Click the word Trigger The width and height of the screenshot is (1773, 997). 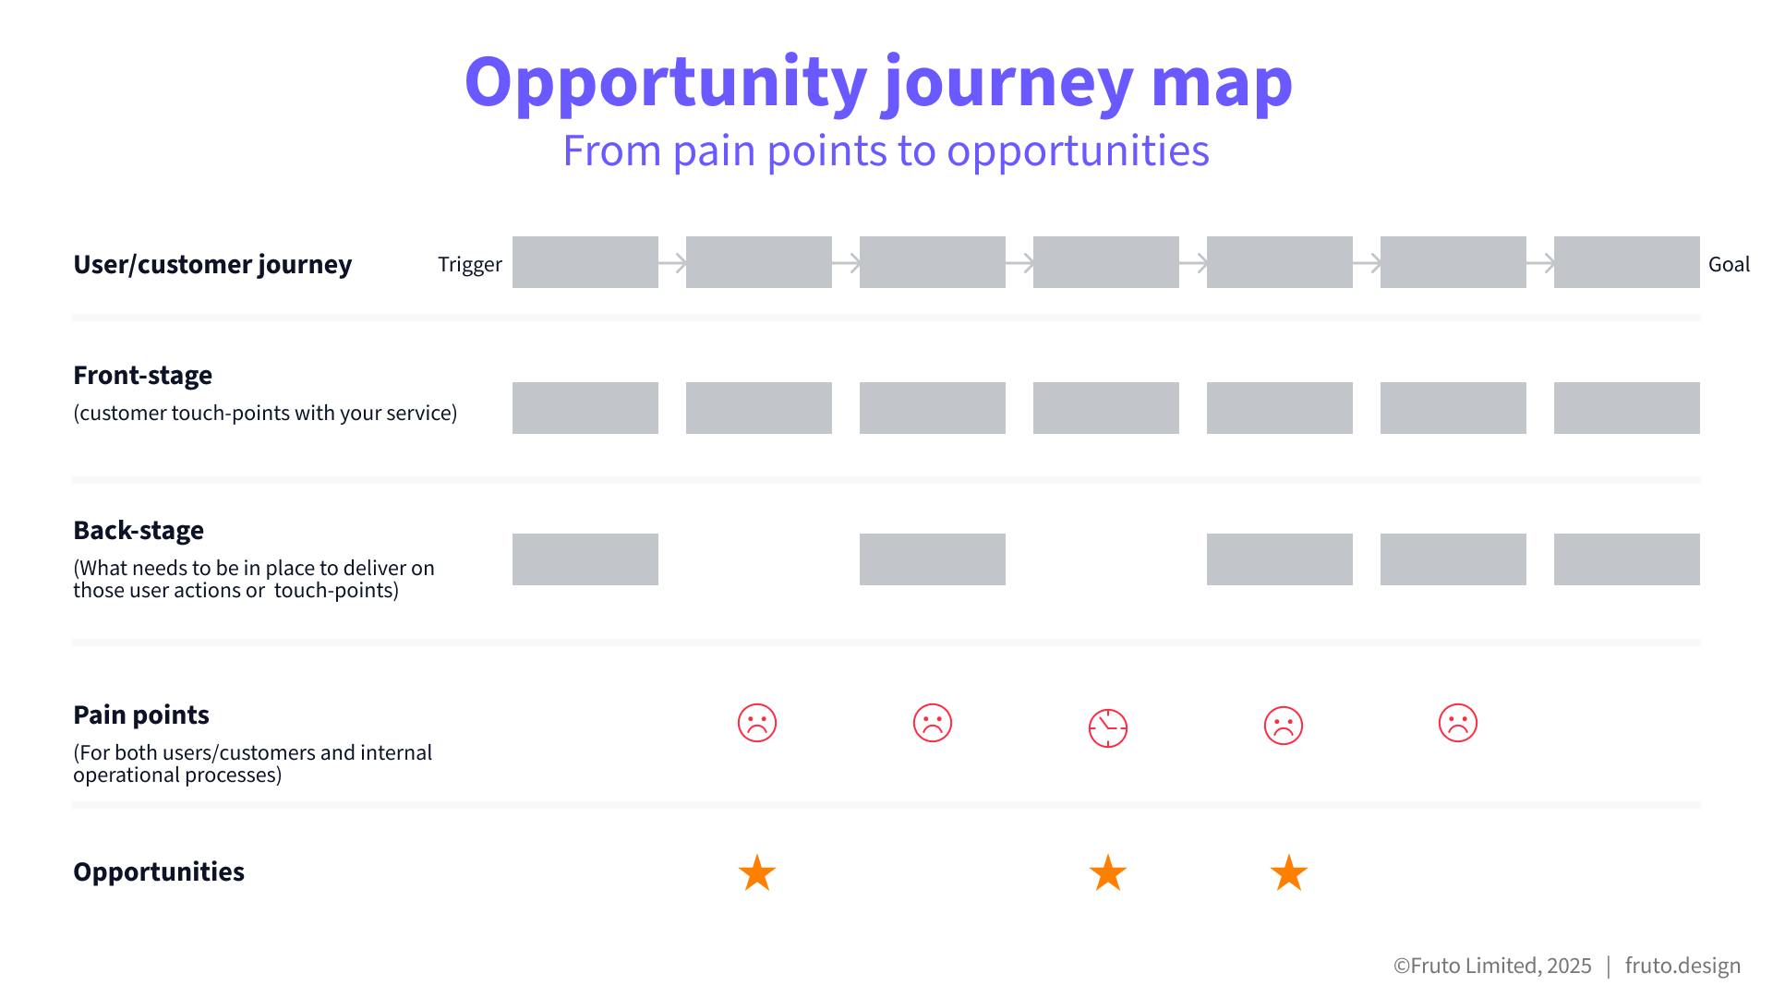(x=470, y=265)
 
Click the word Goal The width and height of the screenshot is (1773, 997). (x=1729, y=264)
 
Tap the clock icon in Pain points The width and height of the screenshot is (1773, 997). (x=1108, y=728)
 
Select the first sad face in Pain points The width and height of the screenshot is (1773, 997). (x=757, y=723)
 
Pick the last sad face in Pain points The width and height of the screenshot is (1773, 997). (x=1458, y=723)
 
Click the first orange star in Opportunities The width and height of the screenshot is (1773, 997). (x=757, y=872)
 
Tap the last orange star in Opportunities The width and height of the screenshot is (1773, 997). (x=1289, y=872)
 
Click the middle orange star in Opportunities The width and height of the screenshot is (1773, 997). (x=1108, y=872)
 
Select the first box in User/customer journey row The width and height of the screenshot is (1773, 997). (x=585, y=262)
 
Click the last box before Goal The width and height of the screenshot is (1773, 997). (x=1627, y=262)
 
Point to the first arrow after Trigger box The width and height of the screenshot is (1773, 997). (x=672, y=263)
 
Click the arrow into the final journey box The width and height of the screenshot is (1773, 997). (x=1540, y=263)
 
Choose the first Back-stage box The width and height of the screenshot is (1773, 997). (x=585, y=559)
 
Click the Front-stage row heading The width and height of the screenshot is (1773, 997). (x=142, y=376)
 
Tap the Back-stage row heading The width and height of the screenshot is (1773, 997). (x=139, y=531)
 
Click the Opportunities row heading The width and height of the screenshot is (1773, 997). (x=159, y=872)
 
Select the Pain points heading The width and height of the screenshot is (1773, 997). (x=141, y=715)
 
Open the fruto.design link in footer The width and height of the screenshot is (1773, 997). (x=1683, y=966)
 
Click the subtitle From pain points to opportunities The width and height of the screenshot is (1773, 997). (x=886, y=151)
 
